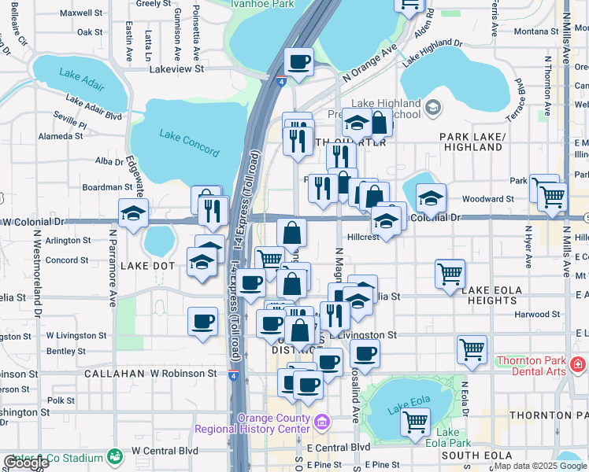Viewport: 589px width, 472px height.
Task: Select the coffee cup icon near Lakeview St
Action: click(x=298, y=62)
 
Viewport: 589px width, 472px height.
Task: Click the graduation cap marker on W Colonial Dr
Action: click(x=133, y=213)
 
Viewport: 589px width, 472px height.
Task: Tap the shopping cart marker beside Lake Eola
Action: click(x=415, y=421)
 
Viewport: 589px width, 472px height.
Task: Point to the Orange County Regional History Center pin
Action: click(x=321, y=424)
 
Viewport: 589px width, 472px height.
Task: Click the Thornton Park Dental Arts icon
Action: click(x=578, y=364)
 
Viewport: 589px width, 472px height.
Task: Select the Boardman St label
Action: click(x=107, y=187)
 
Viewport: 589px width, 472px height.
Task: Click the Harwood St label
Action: click(x=537, y=315)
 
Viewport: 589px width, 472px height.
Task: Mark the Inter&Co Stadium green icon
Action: click(x=116, y=456)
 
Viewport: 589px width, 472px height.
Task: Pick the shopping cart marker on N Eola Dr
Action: click(x=472, y=349)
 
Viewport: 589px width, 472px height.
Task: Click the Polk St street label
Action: click(x=61, y=400)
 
